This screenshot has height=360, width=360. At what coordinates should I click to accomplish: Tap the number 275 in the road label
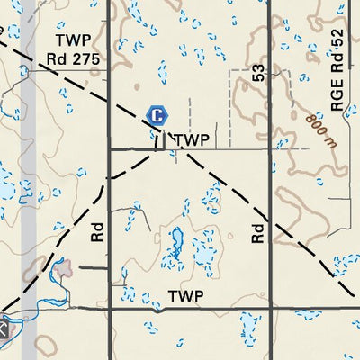pos(87,59)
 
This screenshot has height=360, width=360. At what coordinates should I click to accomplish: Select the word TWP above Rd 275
pos(73,40)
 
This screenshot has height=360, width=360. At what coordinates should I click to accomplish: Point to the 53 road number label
pos(259,74)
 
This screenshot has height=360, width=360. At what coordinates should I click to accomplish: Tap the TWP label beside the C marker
pos(192,140)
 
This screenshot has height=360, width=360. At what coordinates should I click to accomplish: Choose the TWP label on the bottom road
pos(185,296)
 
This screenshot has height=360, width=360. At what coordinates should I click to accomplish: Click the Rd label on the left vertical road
pos(98,233)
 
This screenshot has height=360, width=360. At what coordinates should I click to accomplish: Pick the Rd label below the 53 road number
pos(258,233)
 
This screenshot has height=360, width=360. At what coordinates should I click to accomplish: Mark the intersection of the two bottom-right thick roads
pos(269,309)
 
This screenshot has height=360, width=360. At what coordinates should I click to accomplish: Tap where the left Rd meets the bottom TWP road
pos(109,309)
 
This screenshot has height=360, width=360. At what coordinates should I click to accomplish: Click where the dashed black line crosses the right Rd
pos(269,221)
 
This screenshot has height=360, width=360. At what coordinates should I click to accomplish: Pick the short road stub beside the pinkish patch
pos(93,267)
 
